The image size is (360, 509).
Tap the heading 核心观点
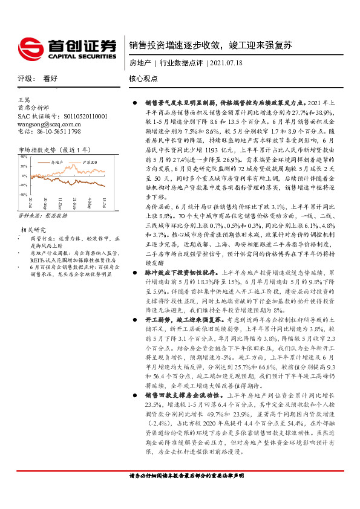click(143, 79)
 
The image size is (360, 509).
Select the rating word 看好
click(50, 79)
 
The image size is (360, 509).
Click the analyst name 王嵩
click(24, 100)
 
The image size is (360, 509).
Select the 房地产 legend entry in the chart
click(58, 162)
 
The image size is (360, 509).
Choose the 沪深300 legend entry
click(88, 162)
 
